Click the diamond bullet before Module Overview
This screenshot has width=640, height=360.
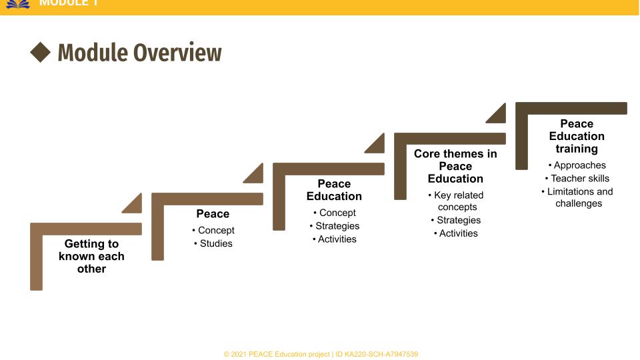pos(41,53)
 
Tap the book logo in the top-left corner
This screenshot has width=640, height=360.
pos(18,3)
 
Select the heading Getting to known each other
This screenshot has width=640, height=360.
pos(91,256)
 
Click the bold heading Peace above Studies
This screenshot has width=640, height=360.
pos(213,213)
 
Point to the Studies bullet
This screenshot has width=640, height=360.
pos(213,243)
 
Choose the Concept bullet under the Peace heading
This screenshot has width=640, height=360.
pos(213,230)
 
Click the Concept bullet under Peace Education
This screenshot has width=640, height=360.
pos(335,213)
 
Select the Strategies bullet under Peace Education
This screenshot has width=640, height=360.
pos(335,226)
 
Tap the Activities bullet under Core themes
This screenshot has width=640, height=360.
pos(456,233)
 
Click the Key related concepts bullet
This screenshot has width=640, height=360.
pos(456,201)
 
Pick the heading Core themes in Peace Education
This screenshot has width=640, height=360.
pos(455,166)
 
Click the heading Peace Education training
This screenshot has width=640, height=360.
pos(577,136)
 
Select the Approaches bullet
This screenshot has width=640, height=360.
pos(577,165)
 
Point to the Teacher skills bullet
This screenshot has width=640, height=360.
pos(577,178)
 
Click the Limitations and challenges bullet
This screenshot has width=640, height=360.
pos(577,197)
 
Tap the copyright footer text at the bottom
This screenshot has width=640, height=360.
pos(321,354)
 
